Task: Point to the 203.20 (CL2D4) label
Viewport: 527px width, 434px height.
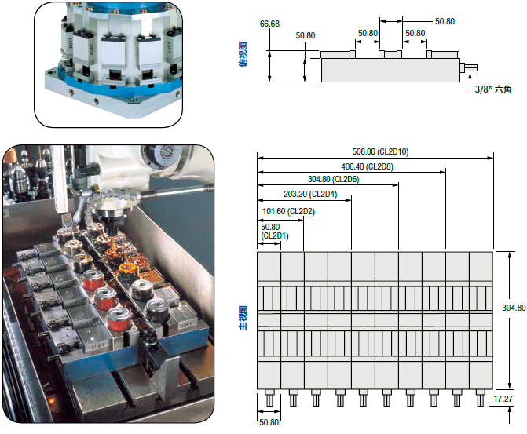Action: (x=309, y=194)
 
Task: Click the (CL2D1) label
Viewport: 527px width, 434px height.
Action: (x=274, y=235)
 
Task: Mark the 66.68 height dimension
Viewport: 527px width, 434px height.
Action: (x=269, y=24)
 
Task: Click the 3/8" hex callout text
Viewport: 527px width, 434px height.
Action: (x=492, y=90)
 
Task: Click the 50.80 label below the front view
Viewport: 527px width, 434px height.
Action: (x=269, y=422)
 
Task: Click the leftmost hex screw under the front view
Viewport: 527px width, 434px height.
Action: (x=269, y=399)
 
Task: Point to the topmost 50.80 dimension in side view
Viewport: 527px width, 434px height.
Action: (x=444, y=21)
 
